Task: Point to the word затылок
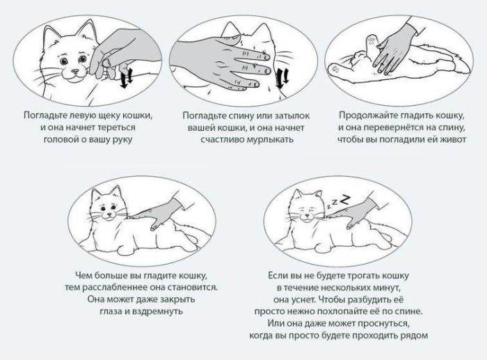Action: point(293,115)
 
